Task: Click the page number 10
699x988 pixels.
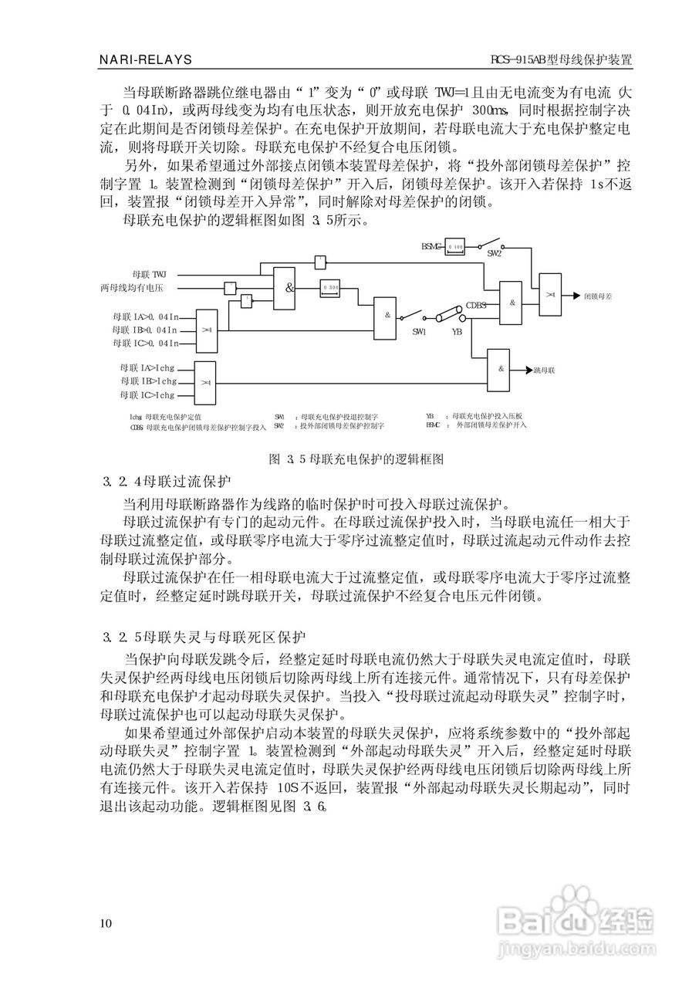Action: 106,924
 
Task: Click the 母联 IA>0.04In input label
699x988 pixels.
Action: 145,316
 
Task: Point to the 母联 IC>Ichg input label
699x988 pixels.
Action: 147,395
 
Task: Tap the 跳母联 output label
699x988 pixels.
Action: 545,370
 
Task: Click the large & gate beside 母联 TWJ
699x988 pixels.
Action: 288,288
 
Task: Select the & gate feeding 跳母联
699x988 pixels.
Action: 500,369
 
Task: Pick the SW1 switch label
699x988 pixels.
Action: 419,331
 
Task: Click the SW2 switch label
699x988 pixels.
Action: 495,253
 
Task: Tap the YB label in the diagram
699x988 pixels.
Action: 457,331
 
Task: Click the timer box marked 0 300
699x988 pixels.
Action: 331,287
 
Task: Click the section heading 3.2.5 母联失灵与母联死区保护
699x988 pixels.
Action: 205,637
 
